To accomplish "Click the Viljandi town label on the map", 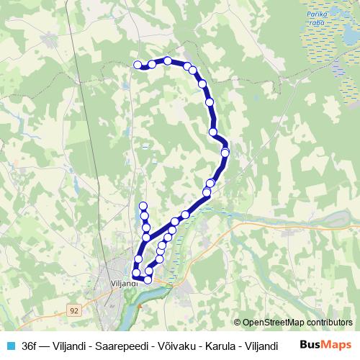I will (125, 284).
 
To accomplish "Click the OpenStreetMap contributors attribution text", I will (299, 323).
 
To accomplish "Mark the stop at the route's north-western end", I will (138, 66).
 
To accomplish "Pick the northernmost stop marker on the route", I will (168, 60).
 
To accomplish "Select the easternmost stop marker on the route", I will (225, 152).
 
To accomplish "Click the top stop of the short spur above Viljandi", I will (143, 207).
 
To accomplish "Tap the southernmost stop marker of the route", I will (148, 279).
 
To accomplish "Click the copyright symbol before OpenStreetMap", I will (238, 323).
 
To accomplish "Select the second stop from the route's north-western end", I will (152, 64).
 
